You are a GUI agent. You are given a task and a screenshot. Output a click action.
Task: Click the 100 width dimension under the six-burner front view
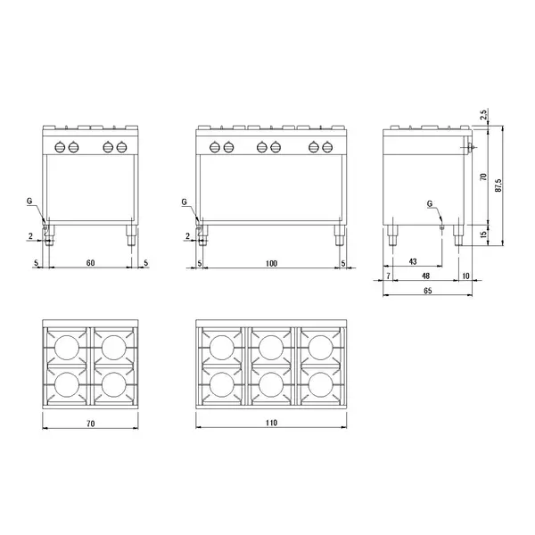pyautogui.click(x=271, y=264)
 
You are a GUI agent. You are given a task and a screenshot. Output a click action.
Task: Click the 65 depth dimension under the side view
pyautogui.click(x=428, y=291)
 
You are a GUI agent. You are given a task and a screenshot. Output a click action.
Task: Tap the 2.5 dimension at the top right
pyautogui.click(x=483, y=115)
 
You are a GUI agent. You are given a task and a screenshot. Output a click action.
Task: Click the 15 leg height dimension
pyautogui.click(x=483, y=235)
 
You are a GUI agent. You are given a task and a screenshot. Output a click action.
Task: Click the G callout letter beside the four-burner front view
pyautogui.click(x=30, y=202)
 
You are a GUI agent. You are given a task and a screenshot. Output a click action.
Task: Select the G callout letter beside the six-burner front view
pyautogui.click(x=184, y=202)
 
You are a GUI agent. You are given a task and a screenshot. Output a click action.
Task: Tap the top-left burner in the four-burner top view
pyautogui.click(x=67, y=345)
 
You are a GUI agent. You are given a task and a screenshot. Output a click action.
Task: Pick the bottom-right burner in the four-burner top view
pyautogui.click(x=112, y=383)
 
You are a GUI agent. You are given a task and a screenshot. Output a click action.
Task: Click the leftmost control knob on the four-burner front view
pyautogui.click(x=62, y=148)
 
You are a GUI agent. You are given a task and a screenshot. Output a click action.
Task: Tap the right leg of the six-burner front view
pyautogui.click(x=339, y=236)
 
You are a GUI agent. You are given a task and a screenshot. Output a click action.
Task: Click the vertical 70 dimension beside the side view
pyautogui.click(x=483, y=178)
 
